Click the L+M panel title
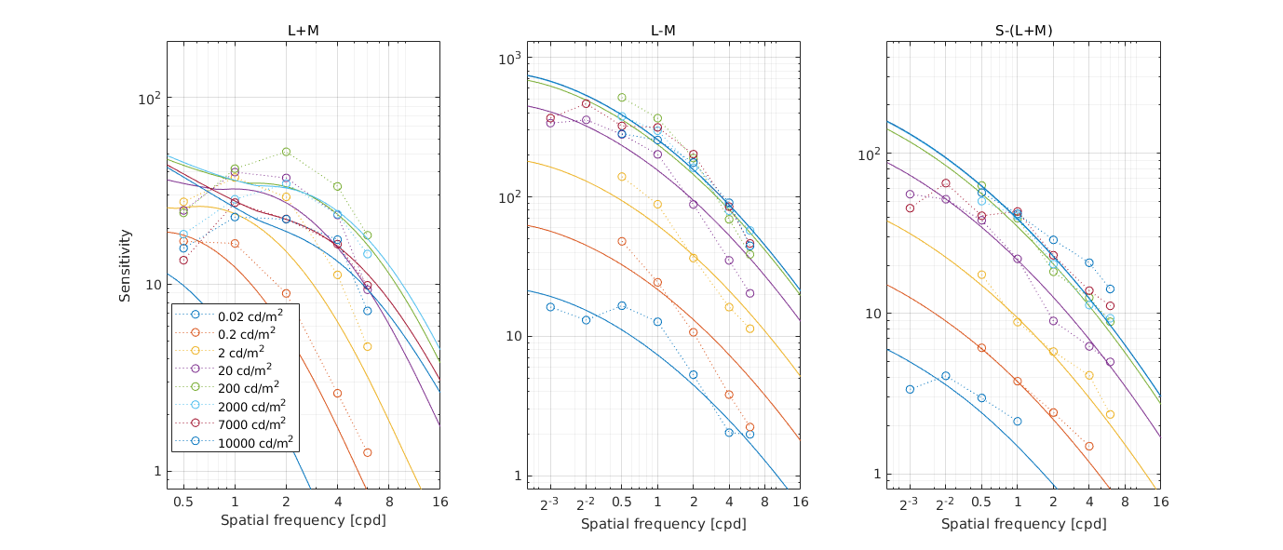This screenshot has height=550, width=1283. click(303, 31)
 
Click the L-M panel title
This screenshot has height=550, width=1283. click(663, 31)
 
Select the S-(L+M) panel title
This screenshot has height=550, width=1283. click(1023, 31)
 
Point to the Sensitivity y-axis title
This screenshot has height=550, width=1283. click(125, 265)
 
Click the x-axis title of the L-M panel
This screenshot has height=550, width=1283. click(663, 524)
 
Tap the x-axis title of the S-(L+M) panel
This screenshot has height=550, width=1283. click(1023, 524)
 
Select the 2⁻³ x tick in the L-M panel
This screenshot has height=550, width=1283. click(550, 503)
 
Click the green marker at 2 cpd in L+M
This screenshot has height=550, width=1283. click(286, 152)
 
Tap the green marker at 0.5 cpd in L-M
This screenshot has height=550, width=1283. click(622, 97)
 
